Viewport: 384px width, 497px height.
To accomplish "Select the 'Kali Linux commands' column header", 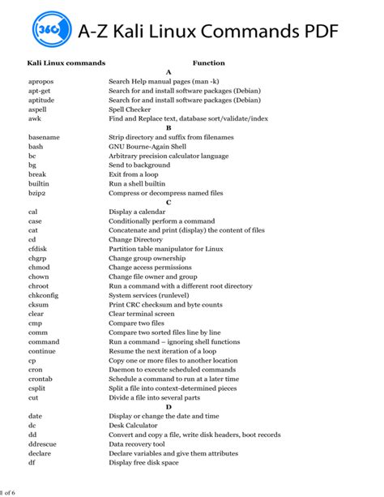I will pos(66,62).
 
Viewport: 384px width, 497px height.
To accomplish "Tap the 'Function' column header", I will pos(208,62).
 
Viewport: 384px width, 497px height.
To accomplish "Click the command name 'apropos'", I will pos(41,81).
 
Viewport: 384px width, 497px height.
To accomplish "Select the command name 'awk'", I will pos(35,118).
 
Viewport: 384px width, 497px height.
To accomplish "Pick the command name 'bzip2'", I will pos(38,192).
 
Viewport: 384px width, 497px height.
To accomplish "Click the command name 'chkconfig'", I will pos(45,294).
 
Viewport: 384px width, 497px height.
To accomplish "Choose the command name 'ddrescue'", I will pos(43,443).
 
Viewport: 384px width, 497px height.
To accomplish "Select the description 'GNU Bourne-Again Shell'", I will pos(149,146).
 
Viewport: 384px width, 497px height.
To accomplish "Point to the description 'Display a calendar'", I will pos(138,211).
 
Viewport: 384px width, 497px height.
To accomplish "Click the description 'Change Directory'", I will pos(136,239).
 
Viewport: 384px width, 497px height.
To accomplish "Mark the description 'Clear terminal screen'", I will pos(142,313).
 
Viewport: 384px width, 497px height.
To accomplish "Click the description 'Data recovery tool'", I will pos(138,443).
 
